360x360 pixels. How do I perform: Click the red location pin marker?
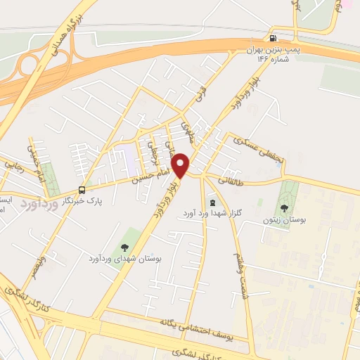(181, 165)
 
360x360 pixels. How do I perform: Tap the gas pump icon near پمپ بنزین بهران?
(271, 38)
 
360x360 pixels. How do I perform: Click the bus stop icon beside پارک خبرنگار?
(82, 189)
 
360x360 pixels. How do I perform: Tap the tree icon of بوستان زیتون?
(284, 207)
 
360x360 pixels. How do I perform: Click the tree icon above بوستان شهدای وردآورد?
(124, 246)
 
